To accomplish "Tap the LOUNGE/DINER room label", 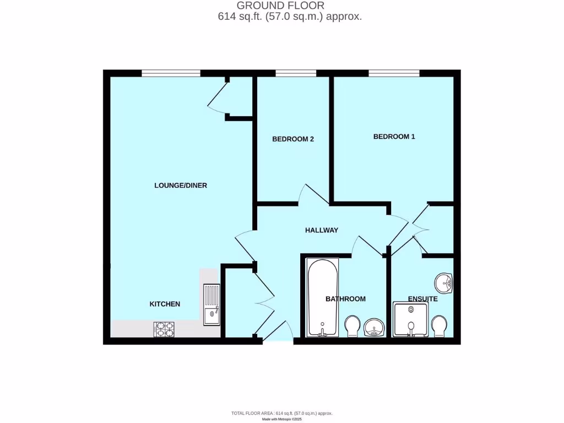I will pyautogui.click(x=181, y=186).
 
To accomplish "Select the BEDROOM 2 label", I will pyautogui.click(x=293, y=139).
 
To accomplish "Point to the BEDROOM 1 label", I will pyautogui.click(x=394, y=137).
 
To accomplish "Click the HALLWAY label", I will pyautogui.click(x=322, y=230).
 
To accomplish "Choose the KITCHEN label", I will pyautogui.click(x=165, y=304).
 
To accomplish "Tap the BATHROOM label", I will pyautogui.click(x=345, y=299).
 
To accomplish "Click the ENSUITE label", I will pyautogui.click(x=422, y=299).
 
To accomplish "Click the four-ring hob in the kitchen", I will pyautogui.click(x=164, y=329).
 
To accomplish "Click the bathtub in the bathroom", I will pyautogui.click(x=323, y=297).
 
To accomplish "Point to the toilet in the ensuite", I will pyautogui.click(x=439, y=326).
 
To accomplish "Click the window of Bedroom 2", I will pyautogui.click(x=296, y=73).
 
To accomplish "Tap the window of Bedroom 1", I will pyautogui.click(x=394, y=73).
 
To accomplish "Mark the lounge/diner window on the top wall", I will pyautogui.click(x=171, y=73).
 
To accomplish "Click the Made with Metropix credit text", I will pyautogui.click(x=281, y=419).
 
